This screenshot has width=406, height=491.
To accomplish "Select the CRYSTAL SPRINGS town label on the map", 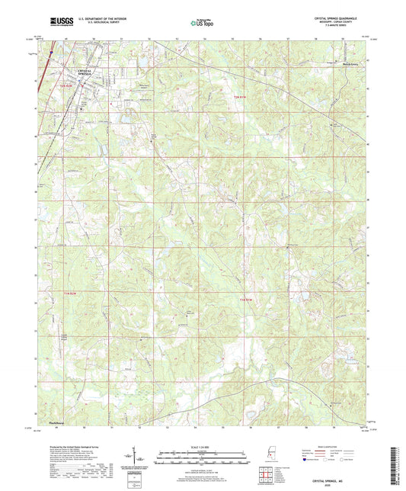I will click(x=90, y=72).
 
